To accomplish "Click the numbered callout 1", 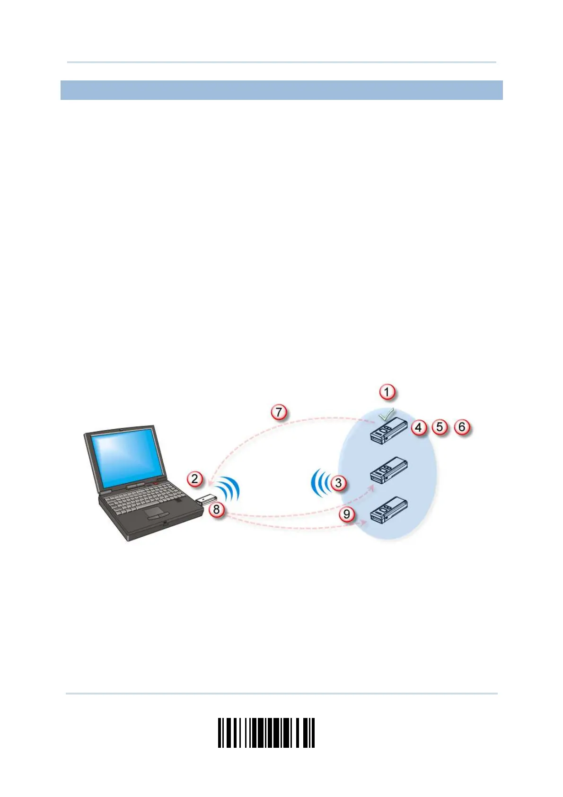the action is click(387, 392).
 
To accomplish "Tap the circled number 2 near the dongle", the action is click(195, 478).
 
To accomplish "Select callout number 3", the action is click(338, 483).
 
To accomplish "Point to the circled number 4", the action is click(418, 427).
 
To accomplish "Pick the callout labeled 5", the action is click(440, 427).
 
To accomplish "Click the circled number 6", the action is click(462, 427).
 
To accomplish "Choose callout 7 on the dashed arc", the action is click(279, 412).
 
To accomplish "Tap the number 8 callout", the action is click(217, 510).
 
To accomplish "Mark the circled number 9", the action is click(347, 514).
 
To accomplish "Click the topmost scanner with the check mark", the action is click(388, 431).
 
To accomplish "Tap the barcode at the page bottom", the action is click(266, 733).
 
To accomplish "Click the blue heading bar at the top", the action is click(281, 90).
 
